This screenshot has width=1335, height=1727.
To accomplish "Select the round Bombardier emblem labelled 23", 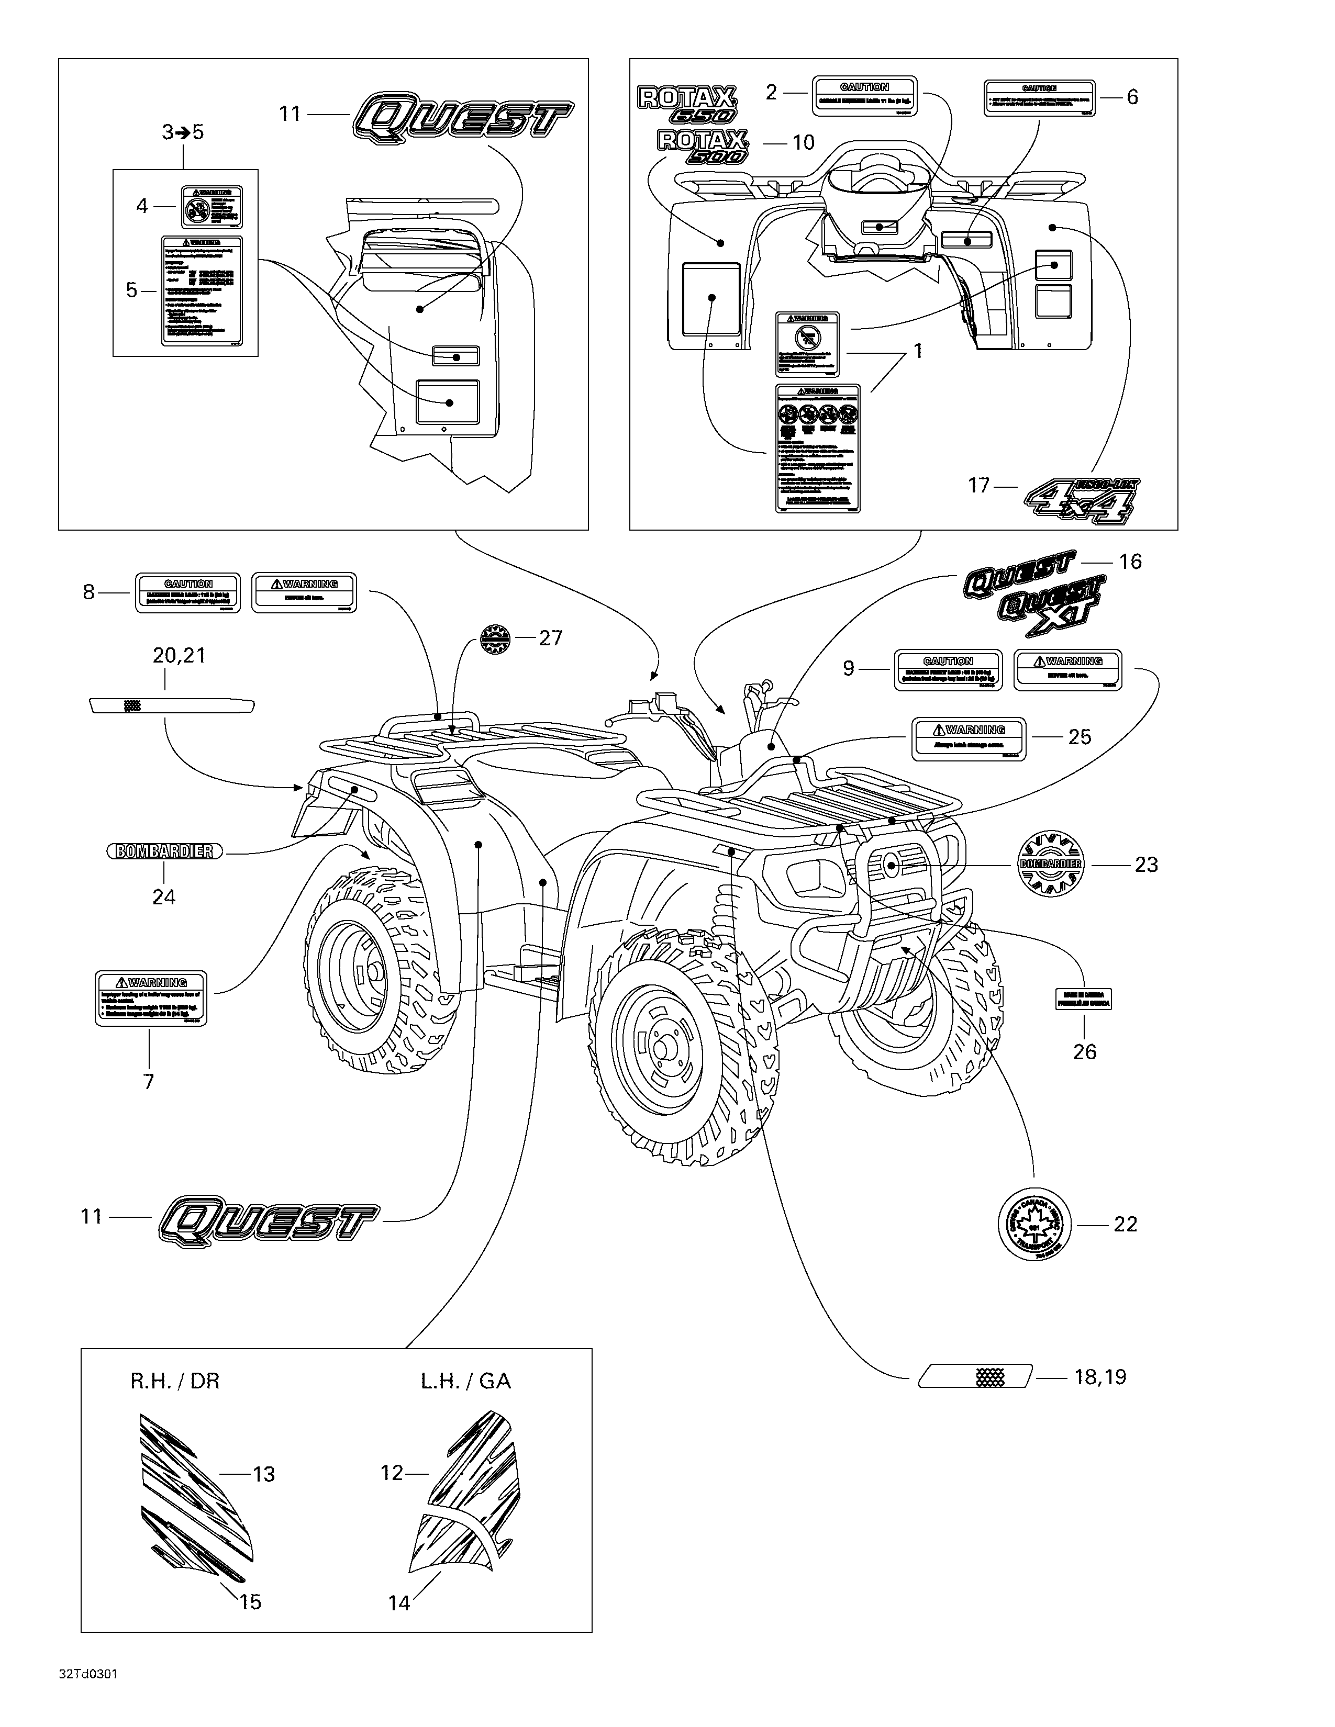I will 1050,865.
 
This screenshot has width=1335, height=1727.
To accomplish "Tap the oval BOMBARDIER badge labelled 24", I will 164,851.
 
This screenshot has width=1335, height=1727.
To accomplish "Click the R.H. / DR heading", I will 175,1381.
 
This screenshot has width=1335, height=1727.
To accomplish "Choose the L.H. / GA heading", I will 466,1381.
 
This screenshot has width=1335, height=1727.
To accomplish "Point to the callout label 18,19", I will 1100,1377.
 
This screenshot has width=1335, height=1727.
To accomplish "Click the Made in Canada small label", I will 1084,998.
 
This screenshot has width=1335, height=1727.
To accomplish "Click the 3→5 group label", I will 183,132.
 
